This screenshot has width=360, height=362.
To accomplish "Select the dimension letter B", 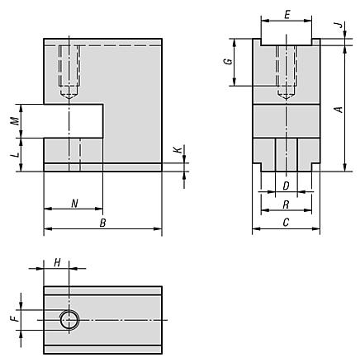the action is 102,223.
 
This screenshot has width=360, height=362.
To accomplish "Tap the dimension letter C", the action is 286,222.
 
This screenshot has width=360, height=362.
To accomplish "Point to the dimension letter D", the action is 286,186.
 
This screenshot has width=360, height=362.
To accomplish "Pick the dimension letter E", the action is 287,16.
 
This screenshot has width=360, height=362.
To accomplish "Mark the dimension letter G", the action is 228,62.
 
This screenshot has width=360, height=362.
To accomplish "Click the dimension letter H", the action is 57,263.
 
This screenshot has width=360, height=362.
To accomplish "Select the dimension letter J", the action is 340,25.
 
